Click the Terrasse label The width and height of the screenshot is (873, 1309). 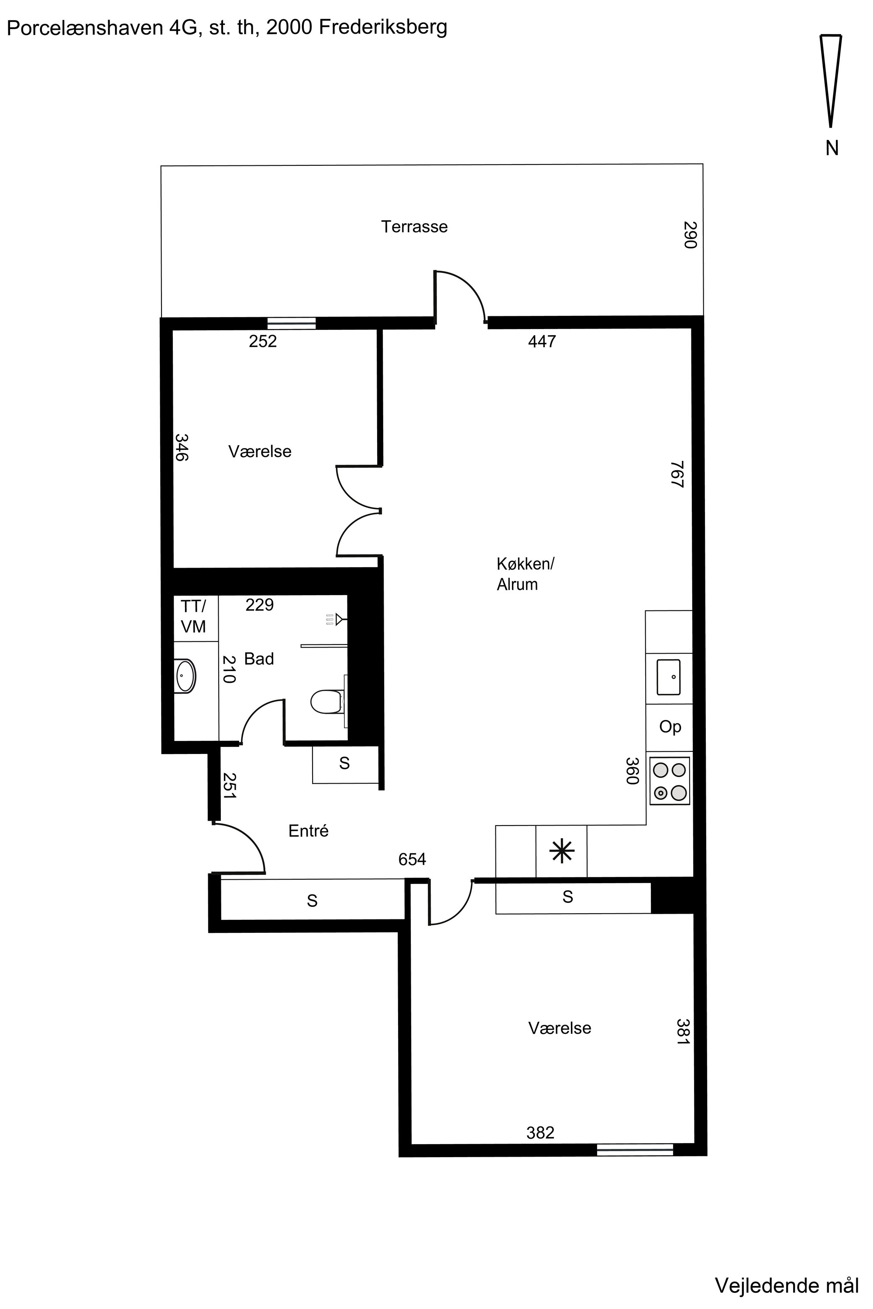tap(414, 227)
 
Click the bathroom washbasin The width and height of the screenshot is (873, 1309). tap(186, 676)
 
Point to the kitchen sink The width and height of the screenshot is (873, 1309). tap(669, 677)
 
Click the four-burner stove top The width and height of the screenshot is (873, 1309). tap(670, 781)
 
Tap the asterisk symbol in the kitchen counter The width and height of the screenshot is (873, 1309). tap(562, 851)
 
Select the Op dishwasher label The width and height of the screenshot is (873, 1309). tap(670, 727)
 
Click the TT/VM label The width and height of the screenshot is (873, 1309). tap(193, 616)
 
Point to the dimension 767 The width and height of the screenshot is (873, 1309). tap(677, 474)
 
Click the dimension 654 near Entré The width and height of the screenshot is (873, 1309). tap(412, 859)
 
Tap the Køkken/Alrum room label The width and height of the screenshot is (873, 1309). tap(525, 574)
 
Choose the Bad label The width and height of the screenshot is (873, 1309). tap(259, 659)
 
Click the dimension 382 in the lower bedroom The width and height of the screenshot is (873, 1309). tap(540, 1133)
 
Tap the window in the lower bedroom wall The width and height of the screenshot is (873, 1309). tap(635, 1150)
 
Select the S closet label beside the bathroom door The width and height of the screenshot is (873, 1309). tap(345, 764)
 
